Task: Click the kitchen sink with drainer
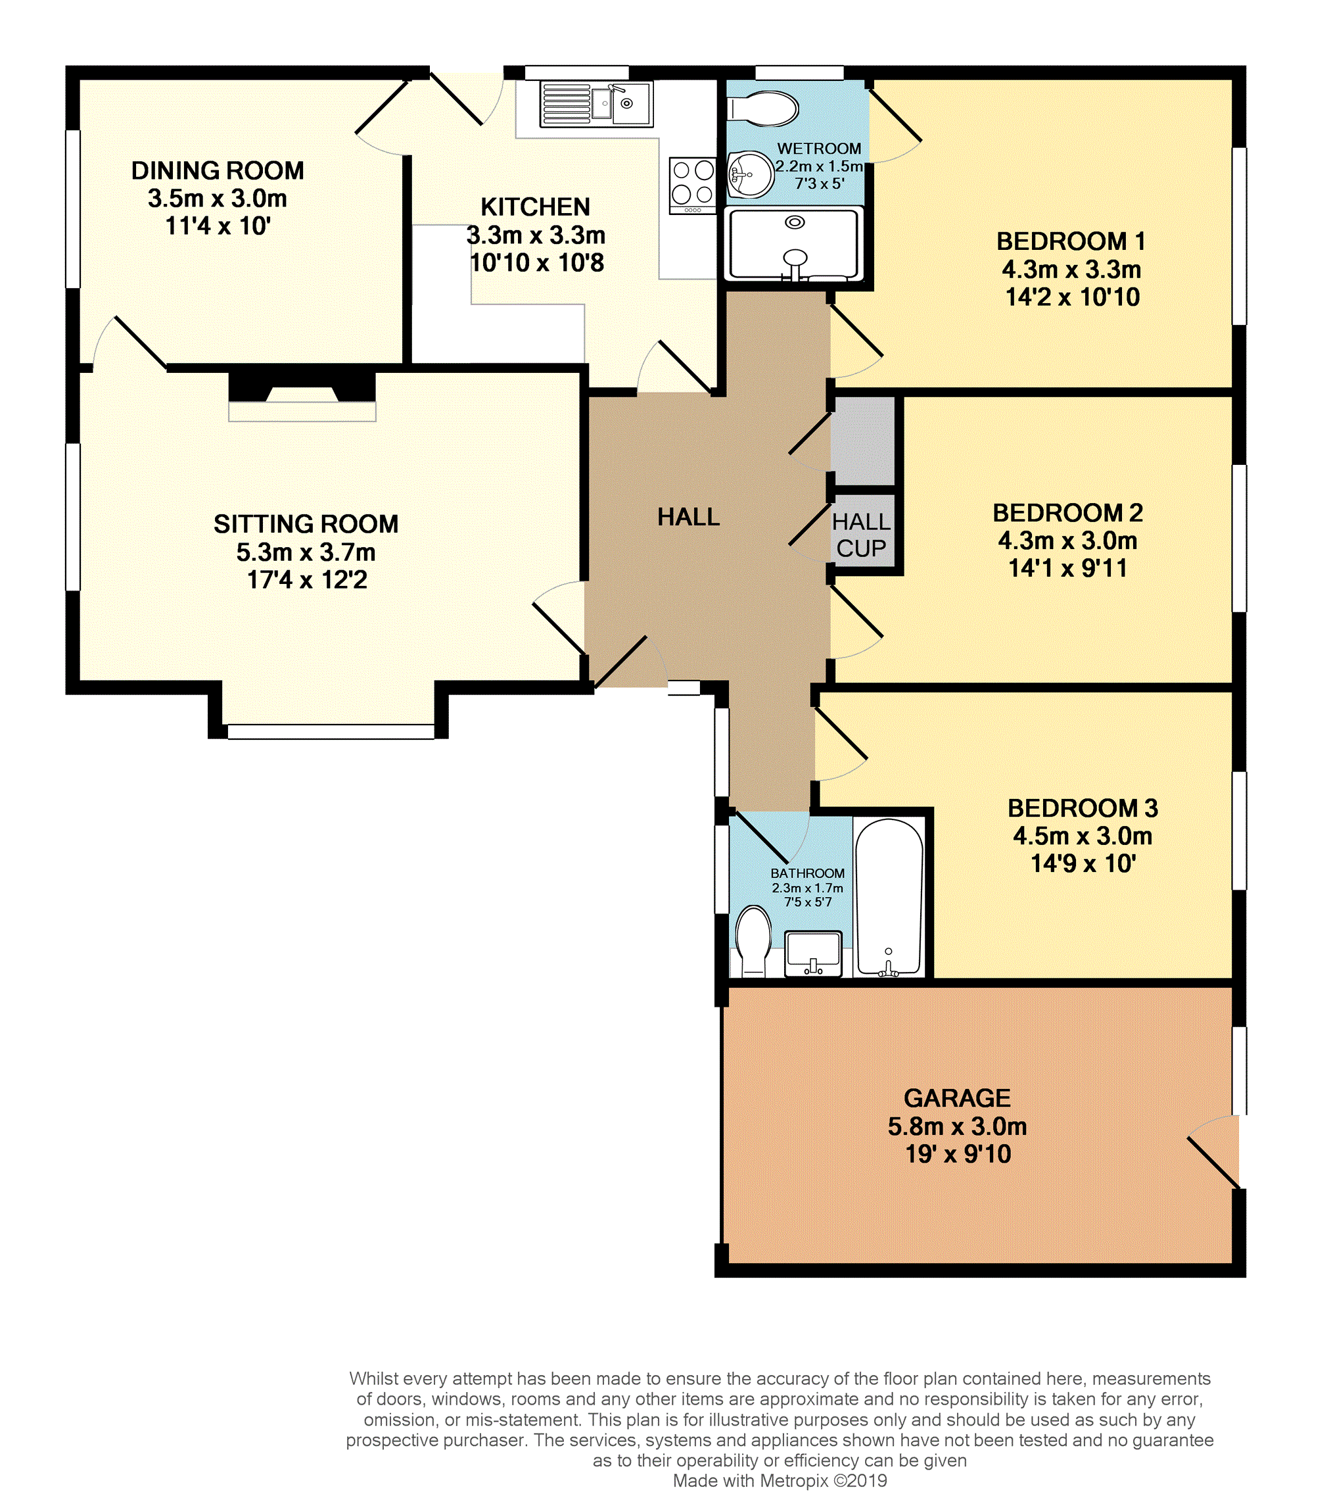click(596, 104)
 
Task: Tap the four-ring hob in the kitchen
click(692, 185)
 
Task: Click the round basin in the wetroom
click(751, 174)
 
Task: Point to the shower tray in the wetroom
click(794, 244)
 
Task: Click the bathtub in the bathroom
click(889, 898)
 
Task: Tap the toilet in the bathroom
click(754, 941)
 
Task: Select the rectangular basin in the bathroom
click(813, 954)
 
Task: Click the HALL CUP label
click(862, 535)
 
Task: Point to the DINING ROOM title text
click(218, 171)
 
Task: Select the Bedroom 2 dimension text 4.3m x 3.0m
click(1067, 541)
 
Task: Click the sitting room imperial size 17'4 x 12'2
click(307, 580)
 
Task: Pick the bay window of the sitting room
click(331, 731)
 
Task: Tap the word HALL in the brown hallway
click(689, 518)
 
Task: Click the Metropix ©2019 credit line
click(780, 1480)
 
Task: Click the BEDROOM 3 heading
click(1083, 808)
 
